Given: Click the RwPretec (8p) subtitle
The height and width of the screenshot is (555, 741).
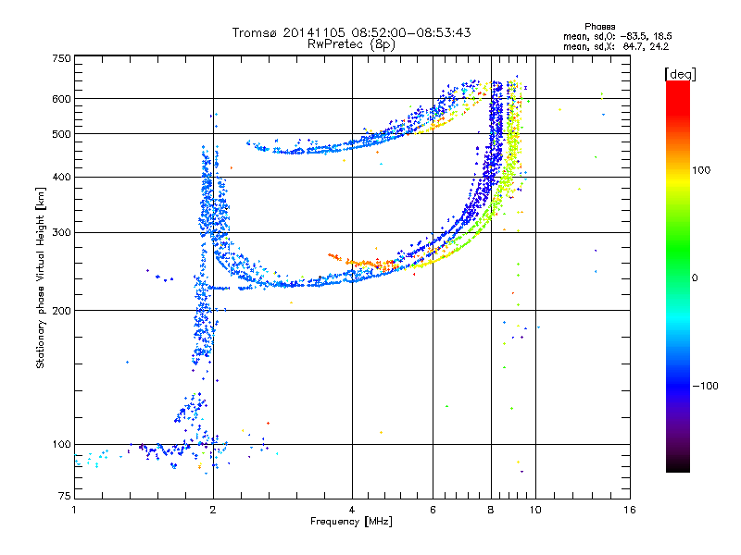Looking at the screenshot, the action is tap(351, 44).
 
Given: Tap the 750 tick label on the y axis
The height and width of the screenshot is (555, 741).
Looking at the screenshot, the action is tap(62, 58).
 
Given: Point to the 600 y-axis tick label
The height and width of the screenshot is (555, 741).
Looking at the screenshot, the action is tap(62, 99).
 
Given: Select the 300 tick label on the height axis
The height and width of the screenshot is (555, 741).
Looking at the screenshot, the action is tap(62, 233).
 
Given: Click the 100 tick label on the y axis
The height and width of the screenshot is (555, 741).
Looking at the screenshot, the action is tap(62, 445).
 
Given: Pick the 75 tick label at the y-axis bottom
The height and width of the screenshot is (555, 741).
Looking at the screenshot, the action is tap(65, 496).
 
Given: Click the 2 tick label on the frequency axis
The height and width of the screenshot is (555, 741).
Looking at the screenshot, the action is tap(213, 510).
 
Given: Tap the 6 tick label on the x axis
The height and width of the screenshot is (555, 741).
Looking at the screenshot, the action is tap(433, 510).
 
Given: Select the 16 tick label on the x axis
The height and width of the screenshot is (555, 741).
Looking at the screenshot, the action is tap(630, 510).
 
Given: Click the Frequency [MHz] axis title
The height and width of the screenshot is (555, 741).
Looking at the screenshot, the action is tap(351, 522).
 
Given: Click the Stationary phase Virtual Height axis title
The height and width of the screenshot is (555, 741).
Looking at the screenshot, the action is tap(41, 278).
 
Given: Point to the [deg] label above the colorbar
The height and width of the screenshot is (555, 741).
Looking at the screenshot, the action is tap(680, 74).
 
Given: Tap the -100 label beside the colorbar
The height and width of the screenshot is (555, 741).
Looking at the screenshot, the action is tap(706, 386).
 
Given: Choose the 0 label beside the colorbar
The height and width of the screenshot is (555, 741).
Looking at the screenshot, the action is tap(695, 278).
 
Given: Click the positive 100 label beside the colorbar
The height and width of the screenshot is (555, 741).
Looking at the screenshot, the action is tap(701, 170).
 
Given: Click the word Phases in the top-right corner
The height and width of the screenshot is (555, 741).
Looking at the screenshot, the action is tap(599, 27).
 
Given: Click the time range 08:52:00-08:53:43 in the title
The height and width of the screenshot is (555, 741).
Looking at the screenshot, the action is tap(411, 32).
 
